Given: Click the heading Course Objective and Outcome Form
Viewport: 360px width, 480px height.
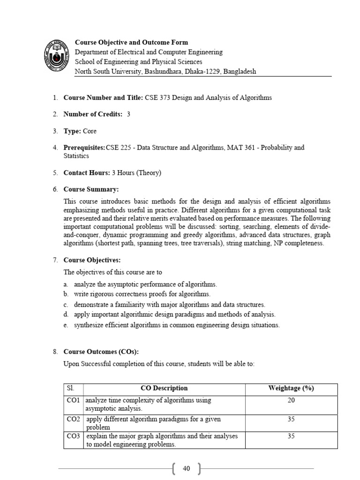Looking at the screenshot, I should point(125,42).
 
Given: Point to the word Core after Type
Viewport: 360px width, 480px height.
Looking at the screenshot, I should point(90,131).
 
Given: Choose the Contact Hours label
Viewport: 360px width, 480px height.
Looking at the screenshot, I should point(87,173).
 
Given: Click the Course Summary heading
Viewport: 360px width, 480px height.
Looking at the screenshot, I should point(91,189).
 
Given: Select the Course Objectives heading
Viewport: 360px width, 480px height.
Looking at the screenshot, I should point(93,260).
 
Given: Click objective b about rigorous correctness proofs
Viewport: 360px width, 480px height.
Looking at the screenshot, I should point(142,294).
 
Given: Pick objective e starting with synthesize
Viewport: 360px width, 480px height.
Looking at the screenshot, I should point(177,325).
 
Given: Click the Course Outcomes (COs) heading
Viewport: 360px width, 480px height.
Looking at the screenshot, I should point(101,352).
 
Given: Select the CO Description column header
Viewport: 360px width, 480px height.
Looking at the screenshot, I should point(164,388).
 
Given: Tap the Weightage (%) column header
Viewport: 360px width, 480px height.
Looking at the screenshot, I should point(291,388).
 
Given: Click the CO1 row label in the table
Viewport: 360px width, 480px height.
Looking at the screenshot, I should point(74,400).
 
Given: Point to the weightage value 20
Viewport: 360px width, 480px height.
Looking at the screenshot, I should point(291,400).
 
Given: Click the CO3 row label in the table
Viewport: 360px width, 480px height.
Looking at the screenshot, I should point(74,436).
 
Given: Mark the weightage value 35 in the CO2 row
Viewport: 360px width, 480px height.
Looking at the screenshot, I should point(291,419).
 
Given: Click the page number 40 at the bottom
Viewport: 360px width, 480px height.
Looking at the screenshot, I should point(187,468).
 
